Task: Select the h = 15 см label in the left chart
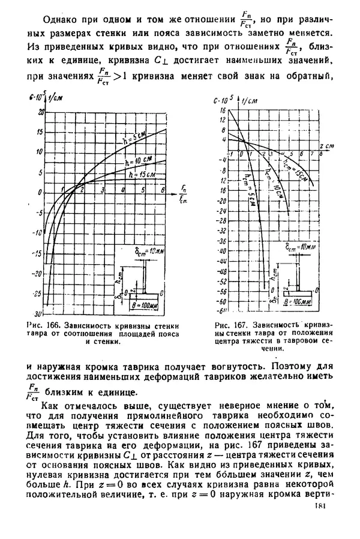pyautogui.click(x=141, y=175)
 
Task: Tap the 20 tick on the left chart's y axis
pyautogui.click(x=41, y=112)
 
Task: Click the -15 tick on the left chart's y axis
pyautogui.click(x=39, y=253)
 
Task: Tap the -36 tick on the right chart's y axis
pyautogui.click(x=221, y=241)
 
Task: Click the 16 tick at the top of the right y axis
pyautogui.click(x=222, y=110)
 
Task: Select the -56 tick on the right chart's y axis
pyautogui.click(x=221, y=291)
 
